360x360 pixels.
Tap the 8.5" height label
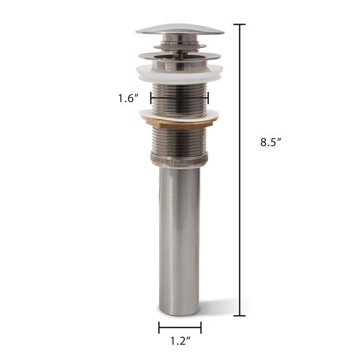click(271, 142)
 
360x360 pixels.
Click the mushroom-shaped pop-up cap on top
click(179, 29)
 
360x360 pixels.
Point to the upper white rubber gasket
click(179, 71)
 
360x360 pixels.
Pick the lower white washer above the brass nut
click(179, 114)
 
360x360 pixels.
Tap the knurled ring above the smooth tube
click(179, 160)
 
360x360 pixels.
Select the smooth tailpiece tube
click(179, 240)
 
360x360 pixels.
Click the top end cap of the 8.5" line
click(239, 25)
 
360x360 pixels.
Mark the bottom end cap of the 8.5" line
click(239, 316)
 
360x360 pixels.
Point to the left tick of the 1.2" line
click(159, 328)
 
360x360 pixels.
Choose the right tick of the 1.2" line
click(201, 328)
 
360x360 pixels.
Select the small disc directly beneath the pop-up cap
click(179, 44)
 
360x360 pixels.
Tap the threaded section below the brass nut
click(179, 141)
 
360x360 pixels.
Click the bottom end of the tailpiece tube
click(179, 311)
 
